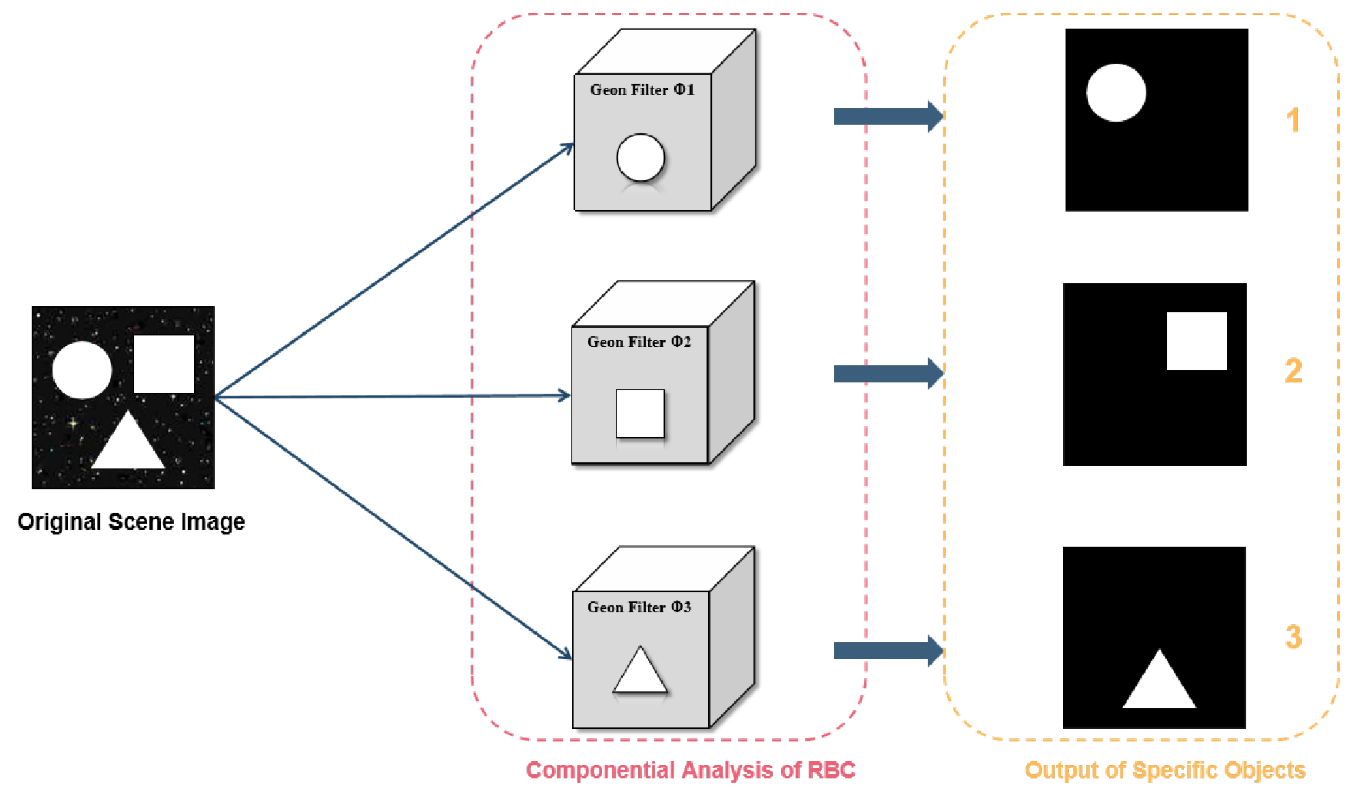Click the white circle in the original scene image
coord(82,370)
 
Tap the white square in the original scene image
coord(164,364)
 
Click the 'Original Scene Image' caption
coord(131,522)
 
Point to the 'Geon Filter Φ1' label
coord(642,90)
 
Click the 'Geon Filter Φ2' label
coord(639,342)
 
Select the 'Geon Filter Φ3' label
coord(639,607)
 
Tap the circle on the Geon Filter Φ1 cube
coord(640,158)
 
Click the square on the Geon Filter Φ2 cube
coord(640,413)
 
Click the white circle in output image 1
coord(1116,93)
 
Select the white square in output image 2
coord(1196,341)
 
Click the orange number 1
coord(1293,119)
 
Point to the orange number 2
coord(1293,371)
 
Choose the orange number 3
coord(1293,637)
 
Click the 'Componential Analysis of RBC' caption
coord(691,770)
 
